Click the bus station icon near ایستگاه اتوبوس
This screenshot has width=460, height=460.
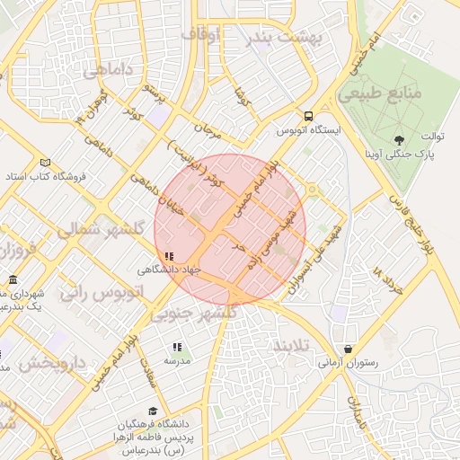(x=309, y=116)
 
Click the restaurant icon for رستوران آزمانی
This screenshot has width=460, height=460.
(x=348, y=349)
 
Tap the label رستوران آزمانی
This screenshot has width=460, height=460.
(x=347, y=363)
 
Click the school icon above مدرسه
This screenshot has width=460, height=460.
(x=177, y=346)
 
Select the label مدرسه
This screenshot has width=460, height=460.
(x=177, y=360)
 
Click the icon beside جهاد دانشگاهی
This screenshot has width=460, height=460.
(x=170, y=256)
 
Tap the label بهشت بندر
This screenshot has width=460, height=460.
(x=287, y=37)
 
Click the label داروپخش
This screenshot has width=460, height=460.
(x=51, y=364)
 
